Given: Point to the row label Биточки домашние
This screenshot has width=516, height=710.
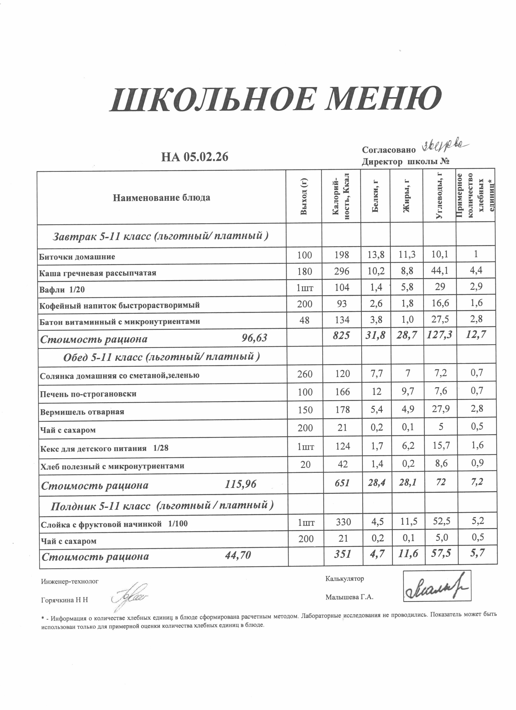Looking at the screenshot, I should [x=77, y=257].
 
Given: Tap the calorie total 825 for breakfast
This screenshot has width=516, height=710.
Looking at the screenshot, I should [x=341, y=336].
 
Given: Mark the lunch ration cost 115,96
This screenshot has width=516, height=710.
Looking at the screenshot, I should [x=240, y=485].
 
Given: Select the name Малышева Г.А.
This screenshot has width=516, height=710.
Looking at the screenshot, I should [x=349, y=597].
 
